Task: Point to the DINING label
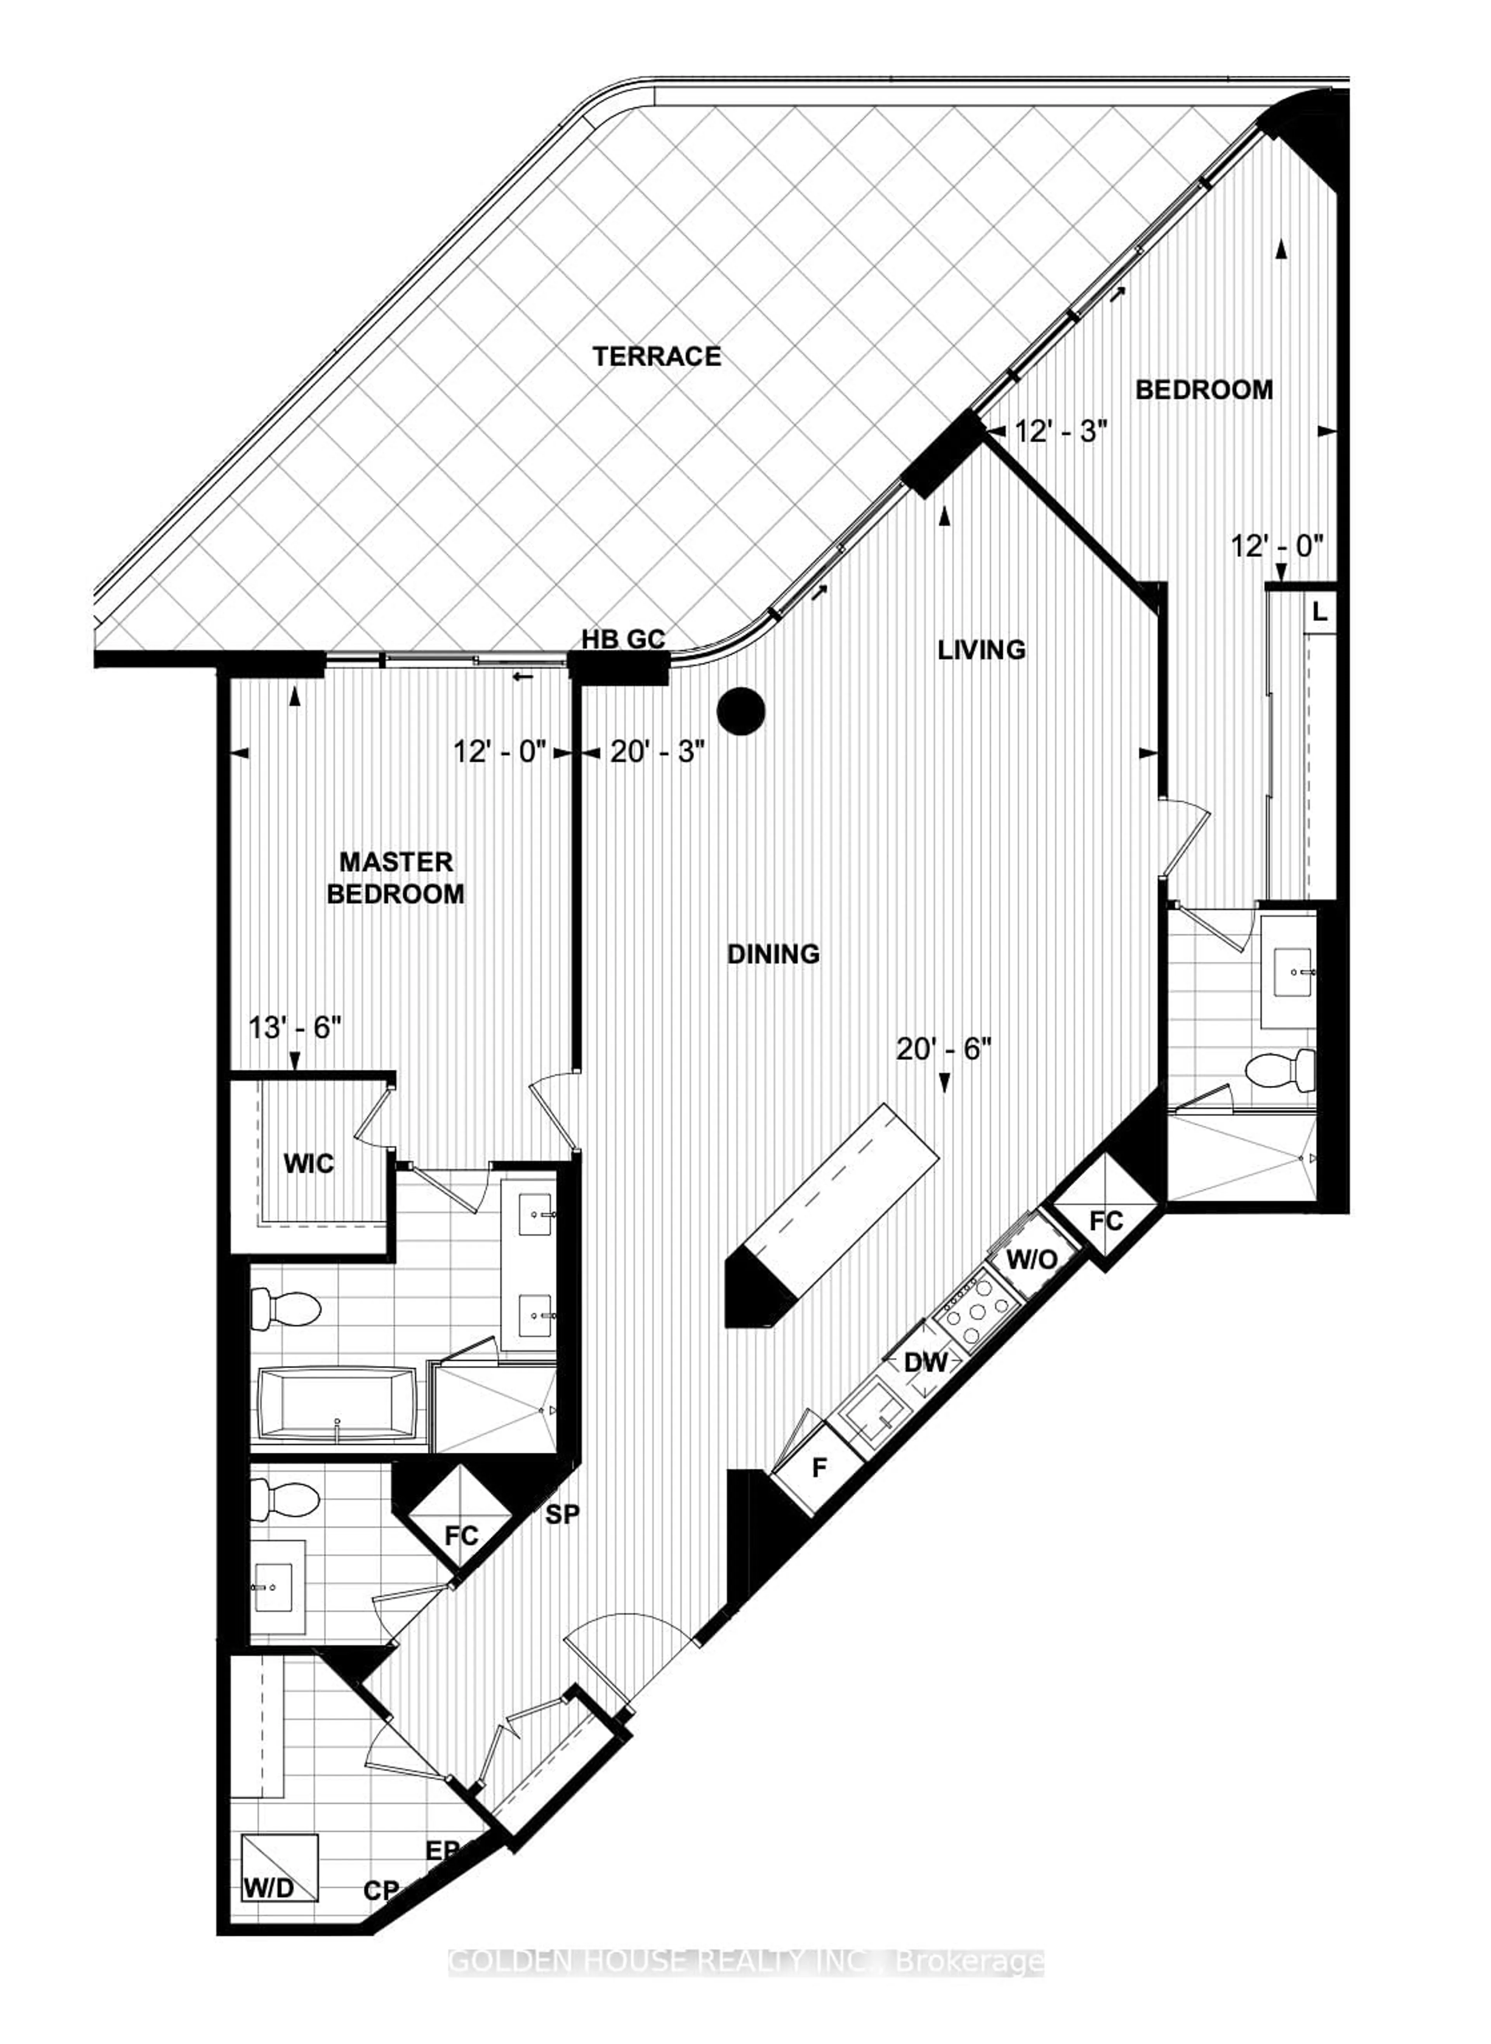click(773, 953)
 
